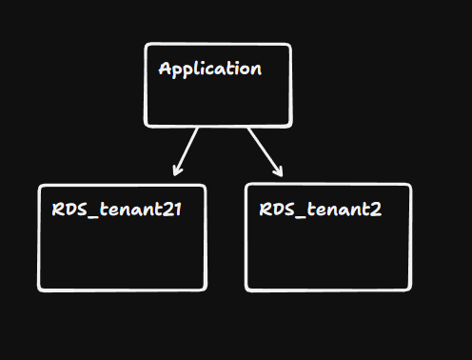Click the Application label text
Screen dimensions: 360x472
point(209,70)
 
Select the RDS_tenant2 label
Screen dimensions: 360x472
point(321,209)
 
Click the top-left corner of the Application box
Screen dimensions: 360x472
point(147,46)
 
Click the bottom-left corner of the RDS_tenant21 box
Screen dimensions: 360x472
point(41,288)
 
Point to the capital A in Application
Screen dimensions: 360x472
point(166,69)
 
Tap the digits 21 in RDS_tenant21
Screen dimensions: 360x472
point(171,209)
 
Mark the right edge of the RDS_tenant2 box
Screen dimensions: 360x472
point(411,237)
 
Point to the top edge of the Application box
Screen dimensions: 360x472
point(218,44)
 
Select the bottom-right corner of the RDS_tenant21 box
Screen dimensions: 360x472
point(204,288)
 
